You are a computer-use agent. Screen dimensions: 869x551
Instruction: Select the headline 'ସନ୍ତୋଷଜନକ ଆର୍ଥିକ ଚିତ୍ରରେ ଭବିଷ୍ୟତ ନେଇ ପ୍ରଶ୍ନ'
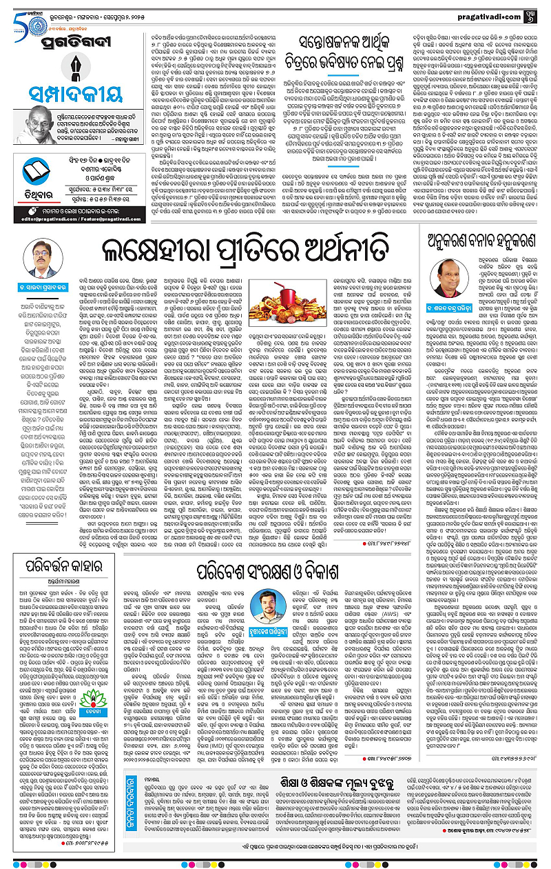(x=345, y=52)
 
